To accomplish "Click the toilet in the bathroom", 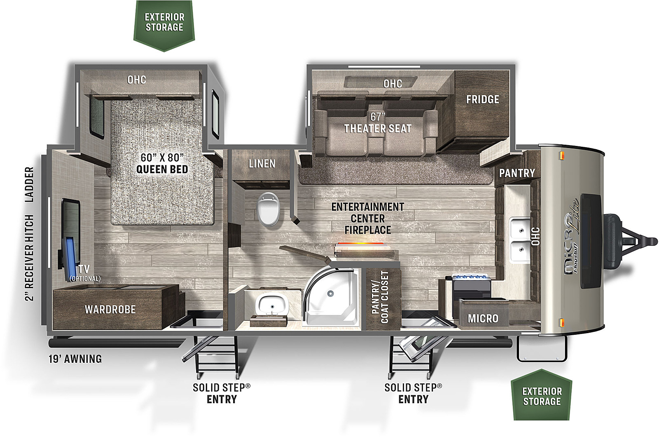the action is pos(268,209).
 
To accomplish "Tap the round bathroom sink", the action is pos(272,305).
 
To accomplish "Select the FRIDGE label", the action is pos(482,99).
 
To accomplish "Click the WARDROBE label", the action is pos(110,310).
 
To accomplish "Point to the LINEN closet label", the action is pos(262,164).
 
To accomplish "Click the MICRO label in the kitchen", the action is pos(483,318).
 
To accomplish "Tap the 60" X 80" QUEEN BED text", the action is pos(162,163).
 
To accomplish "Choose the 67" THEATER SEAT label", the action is pos(378,123).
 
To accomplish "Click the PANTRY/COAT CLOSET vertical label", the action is pos(380,297).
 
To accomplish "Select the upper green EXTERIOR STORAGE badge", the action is pos(164,25).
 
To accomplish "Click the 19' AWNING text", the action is pos(75,359).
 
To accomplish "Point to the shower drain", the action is pos(330,293).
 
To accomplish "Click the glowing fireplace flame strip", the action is pos(361,244).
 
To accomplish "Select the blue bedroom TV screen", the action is pos(71,259).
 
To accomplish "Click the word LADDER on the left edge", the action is pos(29,184).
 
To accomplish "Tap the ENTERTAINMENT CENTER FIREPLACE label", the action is pos(368,218).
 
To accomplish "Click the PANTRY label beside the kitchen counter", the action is pos(517,173).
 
